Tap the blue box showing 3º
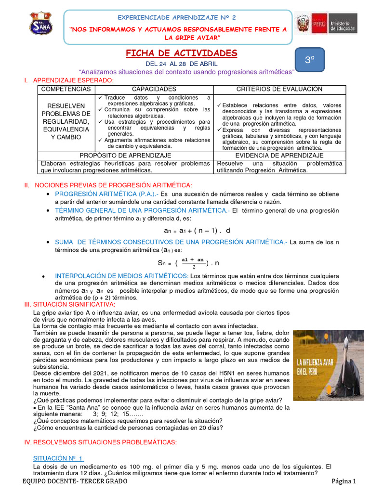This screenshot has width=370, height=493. coord(309,60)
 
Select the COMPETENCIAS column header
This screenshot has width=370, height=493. coord(66,90)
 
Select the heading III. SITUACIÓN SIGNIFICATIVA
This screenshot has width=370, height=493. coord(70,305)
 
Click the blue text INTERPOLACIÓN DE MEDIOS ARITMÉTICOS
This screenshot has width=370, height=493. coord(121,275)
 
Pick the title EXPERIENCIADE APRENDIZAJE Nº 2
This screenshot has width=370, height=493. coord(177,18)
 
